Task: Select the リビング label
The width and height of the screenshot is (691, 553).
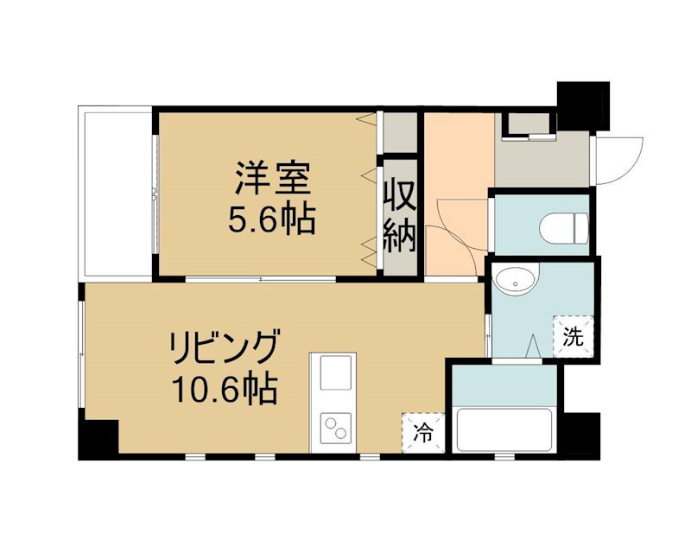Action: point(223,349)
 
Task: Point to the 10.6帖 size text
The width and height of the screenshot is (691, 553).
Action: point(223,390)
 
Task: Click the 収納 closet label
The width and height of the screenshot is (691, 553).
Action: point(402,216)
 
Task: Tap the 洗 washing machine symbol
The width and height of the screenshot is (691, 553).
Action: point(574,334)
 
